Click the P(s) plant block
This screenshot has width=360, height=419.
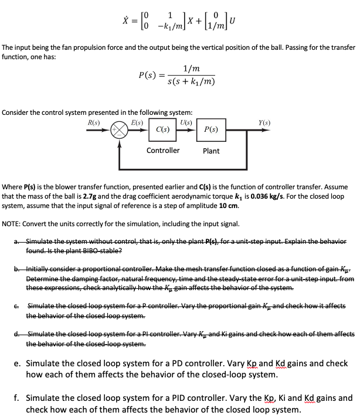point(211,130)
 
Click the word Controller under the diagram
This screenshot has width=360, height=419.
point(163,151)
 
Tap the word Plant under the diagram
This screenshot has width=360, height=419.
point(211,151)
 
